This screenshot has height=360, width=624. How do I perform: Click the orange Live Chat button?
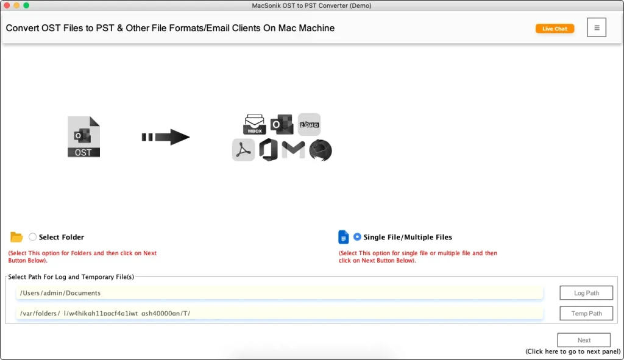pyautogui.click(x=555, y=29)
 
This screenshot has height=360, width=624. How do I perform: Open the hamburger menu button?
pyautogui.click(x=597, y=27)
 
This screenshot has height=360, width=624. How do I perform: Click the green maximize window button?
pyautogui.click(x=26, y=5)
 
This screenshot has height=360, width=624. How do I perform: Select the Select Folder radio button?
pyautogui.click(x=33, y=237)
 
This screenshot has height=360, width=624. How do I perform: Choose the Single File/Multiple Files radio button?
pyautogui.click(x=357, y=237)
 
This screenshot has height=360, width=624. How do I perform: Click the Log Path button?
pyautogui.click(x=586, y=293)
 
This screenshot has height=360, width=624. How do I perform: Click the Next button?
pyautogui.click(x=584, y=341)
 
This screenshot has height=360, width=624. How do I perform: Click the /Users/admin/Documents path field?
pyautogui.click(x=279, y=293)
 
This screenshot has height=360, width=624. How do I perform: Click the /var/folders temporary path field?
pyautogui.click(x=279, y=313)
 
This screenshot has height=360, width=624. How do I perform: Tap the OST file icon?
pyautogui.click(x=83, y=137)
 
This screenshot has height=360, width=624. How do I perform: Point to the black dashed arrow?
pyautogui.click(x=165, y=137)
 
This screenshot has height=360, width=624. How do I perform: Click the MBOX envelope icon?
pyautogui.click(x=254, y=124)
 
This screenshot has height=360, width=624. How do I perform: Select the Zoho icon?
pyautogui.click(x=309, y=124)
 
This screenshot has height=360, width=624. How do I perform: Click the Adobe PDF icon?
pyautogui.click(x=243, y=150)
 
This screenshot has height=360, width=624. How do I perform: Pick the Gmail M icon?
pyautogui.click(x=293, y=150)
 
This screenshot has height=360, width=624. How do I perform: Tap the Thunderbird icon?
pyautogui.click(x=320, y=150)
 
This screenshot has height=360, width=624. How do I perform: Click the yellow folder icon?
pyautogui.click(x=16, y=237)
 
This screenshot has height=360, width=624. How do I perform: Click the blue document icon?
pyautogui.click(x=344, y=237)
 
